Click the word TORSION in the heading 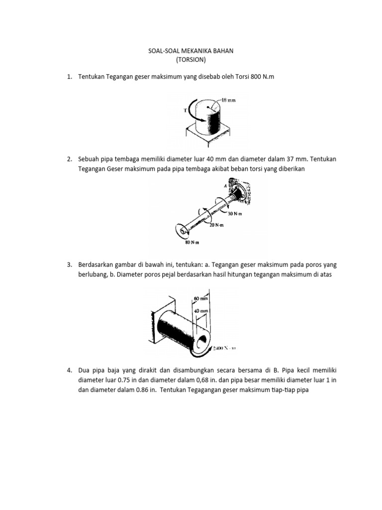pyautogui.click(x=191, y=60)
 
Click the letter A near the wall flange pyautogui.click(x=225, y=185)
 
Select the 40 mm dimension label pyautogui.click(x=200, y=310)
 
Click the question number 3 pyautogui.click(x=69, y=264)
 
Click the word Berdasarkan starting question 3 pyautogui.click(x=96, y=264)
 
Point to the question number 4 pyautogui.click(x=69, y=371)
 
